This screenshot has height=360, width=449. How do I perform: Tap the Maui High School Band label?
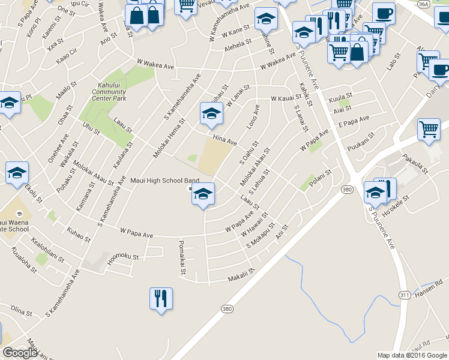click(x=164, y=180)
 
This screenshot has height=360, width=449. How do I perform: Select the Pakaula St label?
click(x=415, y=163)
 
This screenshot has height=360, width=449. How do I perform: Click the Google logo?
click(x=20, y=352)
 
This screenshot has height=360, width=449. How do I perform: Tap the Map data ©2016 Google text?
click(x=412, y=355)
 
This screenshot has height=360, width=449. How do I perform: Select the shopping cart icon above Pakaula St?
click(x=429, y=128)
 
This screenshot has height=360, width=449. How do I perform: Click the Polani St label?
click(x=320, y=178)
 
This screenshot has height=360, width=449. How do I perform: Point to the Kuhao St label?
click(x=79, y=234)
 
